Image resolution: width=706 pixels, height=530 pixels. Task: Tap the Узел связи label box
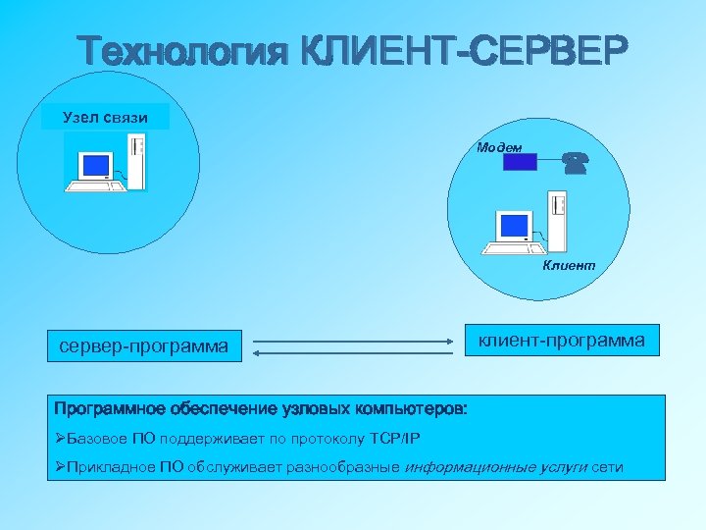point(105,118)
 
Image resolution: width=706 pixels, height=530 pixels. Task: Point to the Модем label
point(499,147)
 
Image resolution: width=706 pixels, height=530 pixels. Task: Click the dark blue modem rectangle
point(520,162)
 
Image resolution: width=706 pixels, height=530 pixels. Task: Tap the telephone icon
point(575,163)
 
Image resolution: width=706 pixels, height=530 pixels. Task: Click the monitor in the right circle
point(512,228)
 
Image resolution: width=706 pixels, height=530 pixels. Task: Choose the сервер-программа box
point(144,345)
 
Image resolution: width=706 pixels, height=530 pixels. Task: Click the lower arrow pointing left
point(353,351)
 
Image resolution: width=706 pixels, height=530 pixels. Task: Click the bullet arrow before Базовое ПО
point(61,438)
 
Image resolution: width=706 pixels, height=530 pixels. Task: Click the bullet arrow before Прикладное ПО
point(61,467)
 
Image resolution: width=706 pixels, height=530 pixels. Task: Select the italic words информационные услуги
point(495,467)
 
